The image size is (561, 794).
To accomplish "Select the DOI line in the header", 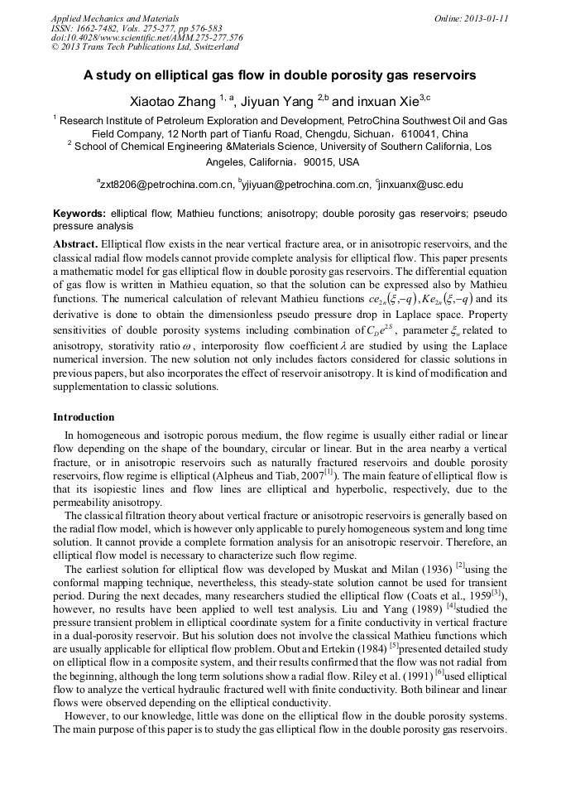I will click(x=146, y=37).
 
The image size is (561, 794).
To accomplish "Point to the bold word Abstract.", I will click(x=75, y=244).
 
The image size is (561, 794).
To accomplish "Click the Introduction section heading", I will click(x=84, y=416).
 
